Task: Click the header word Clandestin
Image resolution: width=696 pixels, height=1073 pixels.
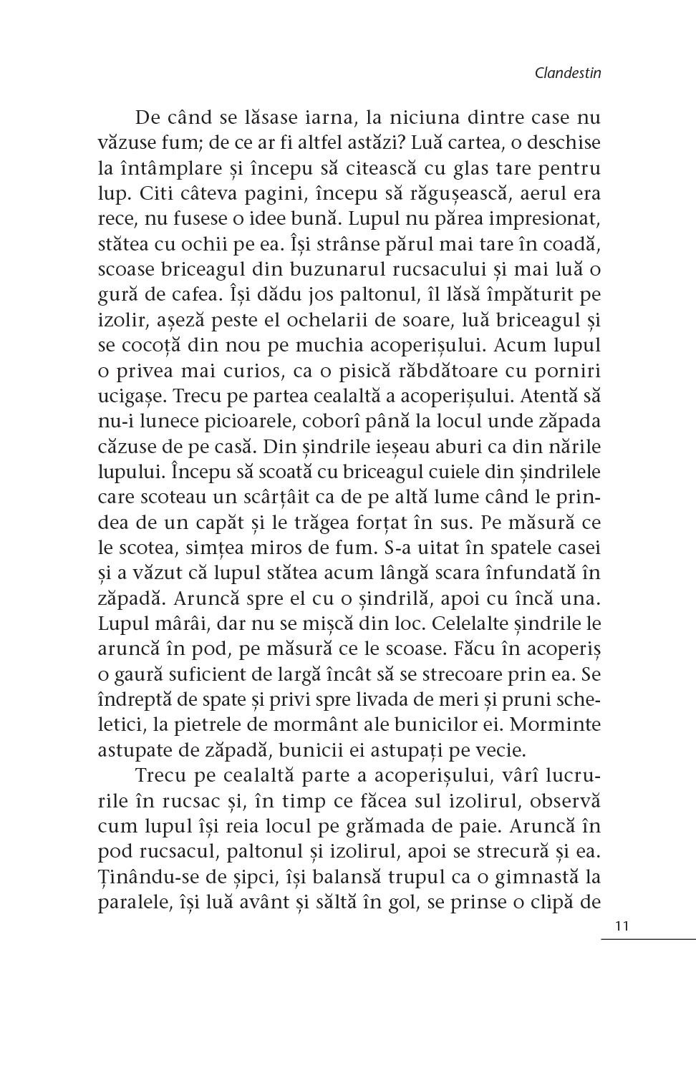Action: (567, 72)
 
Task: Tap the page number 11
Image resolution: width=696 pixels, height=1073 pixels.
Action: (621, 926)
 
